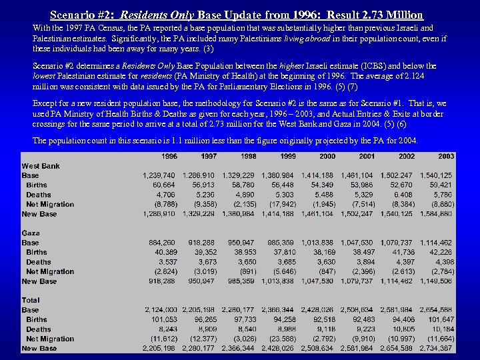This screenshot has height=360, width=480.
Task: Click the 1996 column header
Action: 169,156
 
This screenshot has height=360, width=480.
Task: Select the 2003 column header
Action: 446,156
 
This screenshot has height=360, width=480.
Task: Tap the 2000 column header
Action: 327,156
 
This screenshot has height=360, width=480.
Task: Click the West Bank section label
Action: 40,165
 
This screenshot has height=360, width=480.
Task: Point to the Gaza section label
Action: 31,233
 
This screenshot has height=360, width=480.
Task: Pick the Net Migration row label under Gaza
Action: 50,271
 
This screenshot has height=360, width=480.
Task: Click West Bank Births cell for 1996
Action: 164,185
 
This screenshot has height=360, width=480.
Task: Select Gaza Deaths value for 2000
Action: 327,262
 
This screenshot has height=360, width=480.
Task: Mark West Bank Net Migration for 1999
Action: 282,204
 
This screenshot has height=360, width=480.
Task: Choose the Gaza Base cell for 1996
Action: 162,243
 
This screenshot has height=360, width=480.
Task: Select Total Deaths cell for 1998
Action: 247,329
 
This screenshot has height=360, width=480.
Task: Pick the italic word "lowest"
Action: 45,75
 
